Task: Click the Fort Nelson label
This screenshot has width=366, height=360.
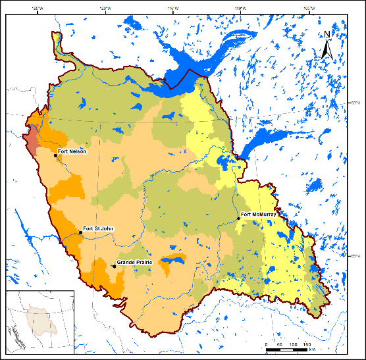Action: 72,152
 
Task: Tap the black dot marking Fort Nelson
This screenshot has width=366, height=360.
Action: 55,156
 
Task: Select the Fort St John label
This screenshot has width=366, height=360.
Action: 98,228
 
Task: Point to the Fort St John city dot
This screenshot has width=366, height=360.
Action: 80,232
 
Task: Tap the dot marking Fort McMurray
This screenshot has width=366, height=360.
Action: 238,218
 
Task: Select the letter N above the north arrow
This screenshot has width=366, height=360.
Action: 327,34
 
